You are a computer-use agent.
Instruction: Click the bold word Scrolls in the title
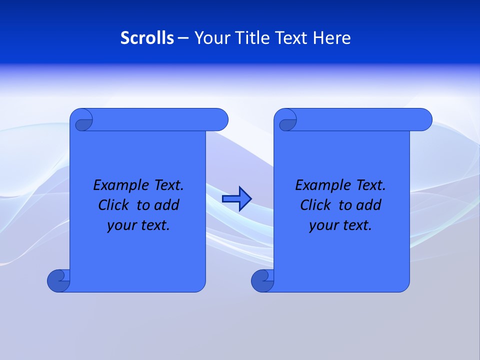(x=147, y=38)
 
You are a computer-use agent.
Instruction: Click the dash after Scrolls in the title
(x=183, y=38)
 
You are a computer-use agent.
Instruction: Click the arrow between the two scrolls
(x=236, y=199)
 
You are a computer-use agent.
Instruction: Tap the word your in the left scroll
(x=120, y=226)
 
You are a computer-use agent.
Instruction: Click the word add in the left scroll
(x=167, y=205)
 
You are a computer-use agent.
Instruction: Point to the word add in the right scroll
(x=369, y=205)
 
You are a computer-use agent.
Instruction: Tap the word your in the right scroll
(x=322, y=226)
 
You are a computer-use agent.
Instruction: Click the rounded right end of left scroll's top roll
(x=220, y=120)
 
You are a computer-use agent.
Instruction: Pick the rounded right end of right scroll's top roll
(x=424, y=120)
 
